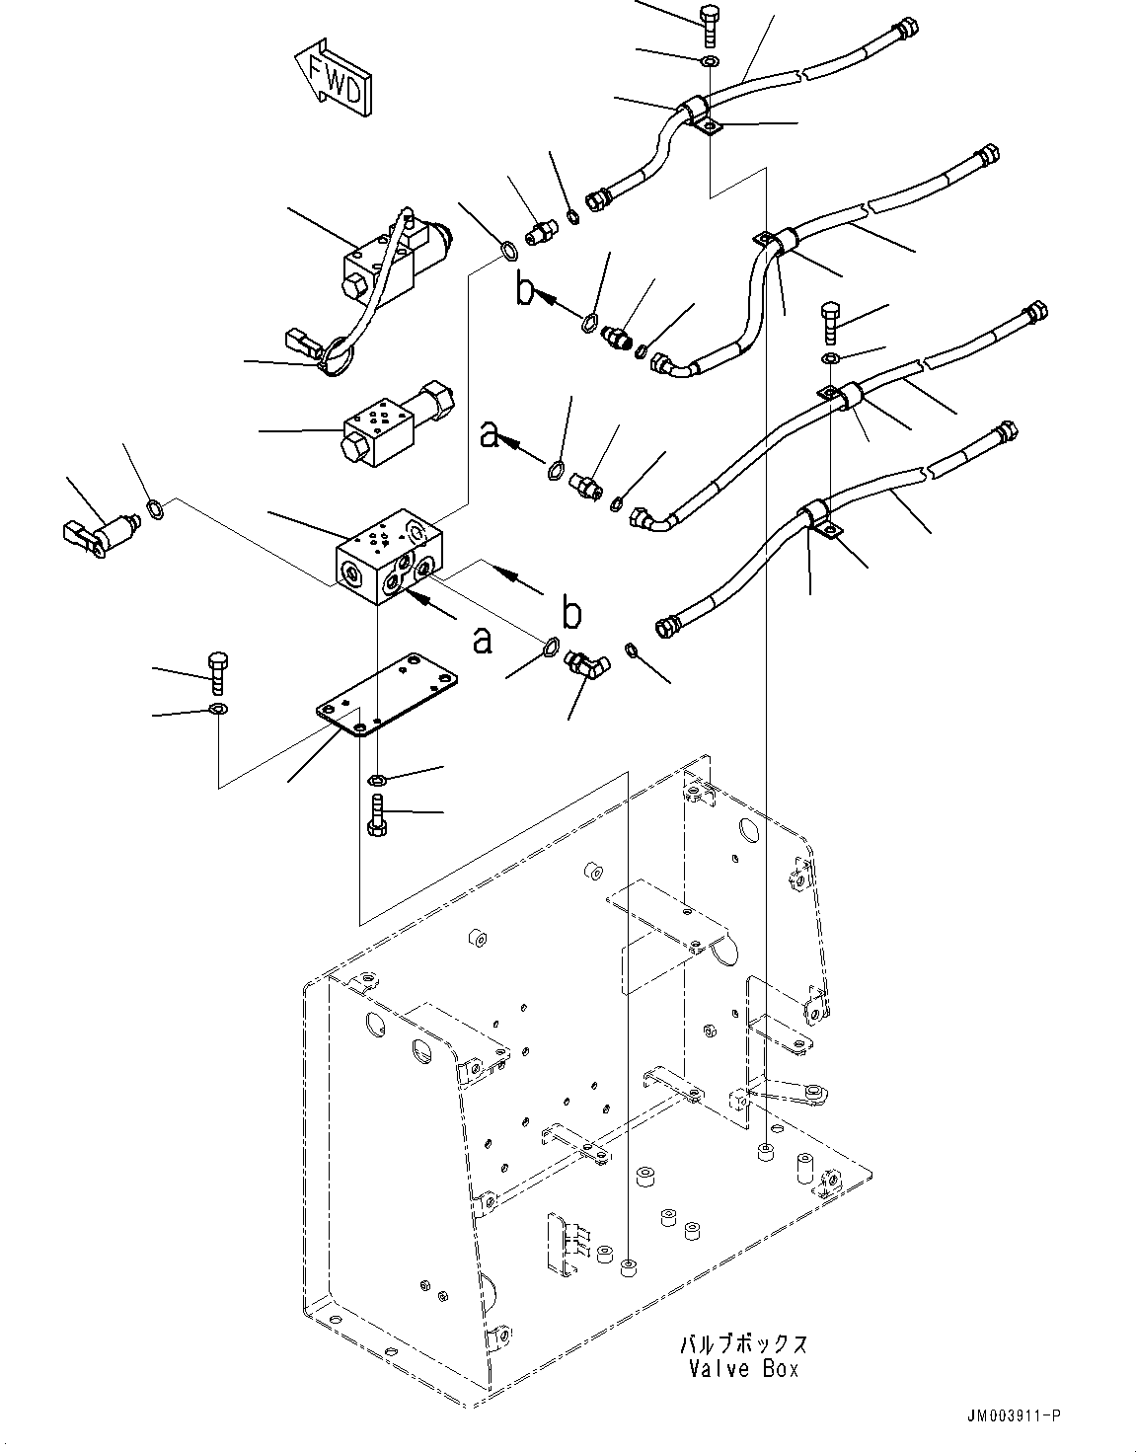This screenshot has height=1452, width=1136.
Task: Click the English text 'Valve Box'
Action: tap(739, 1369)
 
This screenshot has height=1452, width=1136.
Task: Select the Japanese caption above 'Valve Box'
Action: tap(743, 1344)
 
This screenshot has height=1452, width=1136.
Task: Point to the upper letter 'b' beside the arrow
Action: tap(525, 290)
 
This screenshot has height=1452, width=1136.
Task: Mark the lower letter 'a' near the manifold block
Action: tap(481, 642)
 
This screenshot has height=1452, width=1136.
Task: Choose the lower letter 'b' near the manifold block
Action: tap(570, 614)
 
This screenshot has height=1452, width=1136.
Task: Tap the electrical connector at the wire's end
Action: tap(301, 344)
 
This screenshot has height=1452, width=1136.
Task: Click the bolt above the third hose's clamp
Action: tap(829, 318)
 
